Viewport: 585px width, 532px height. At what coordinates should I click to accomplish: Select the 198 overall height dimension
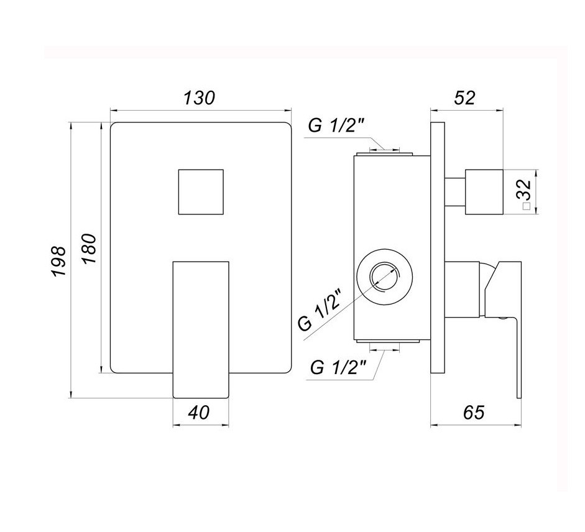click(58, 260)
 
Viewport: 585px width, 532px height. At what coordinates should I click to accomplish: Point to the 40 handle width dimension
click(200, 411)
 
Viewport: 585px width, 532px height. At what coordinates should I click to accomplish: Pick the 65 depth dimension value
click(473, 411)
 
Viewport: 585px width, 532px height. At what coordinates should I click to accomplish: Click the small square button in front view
click(200, 191)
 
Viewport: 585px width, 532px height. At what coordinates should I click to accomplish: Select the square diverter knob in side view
click(484, 191)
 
